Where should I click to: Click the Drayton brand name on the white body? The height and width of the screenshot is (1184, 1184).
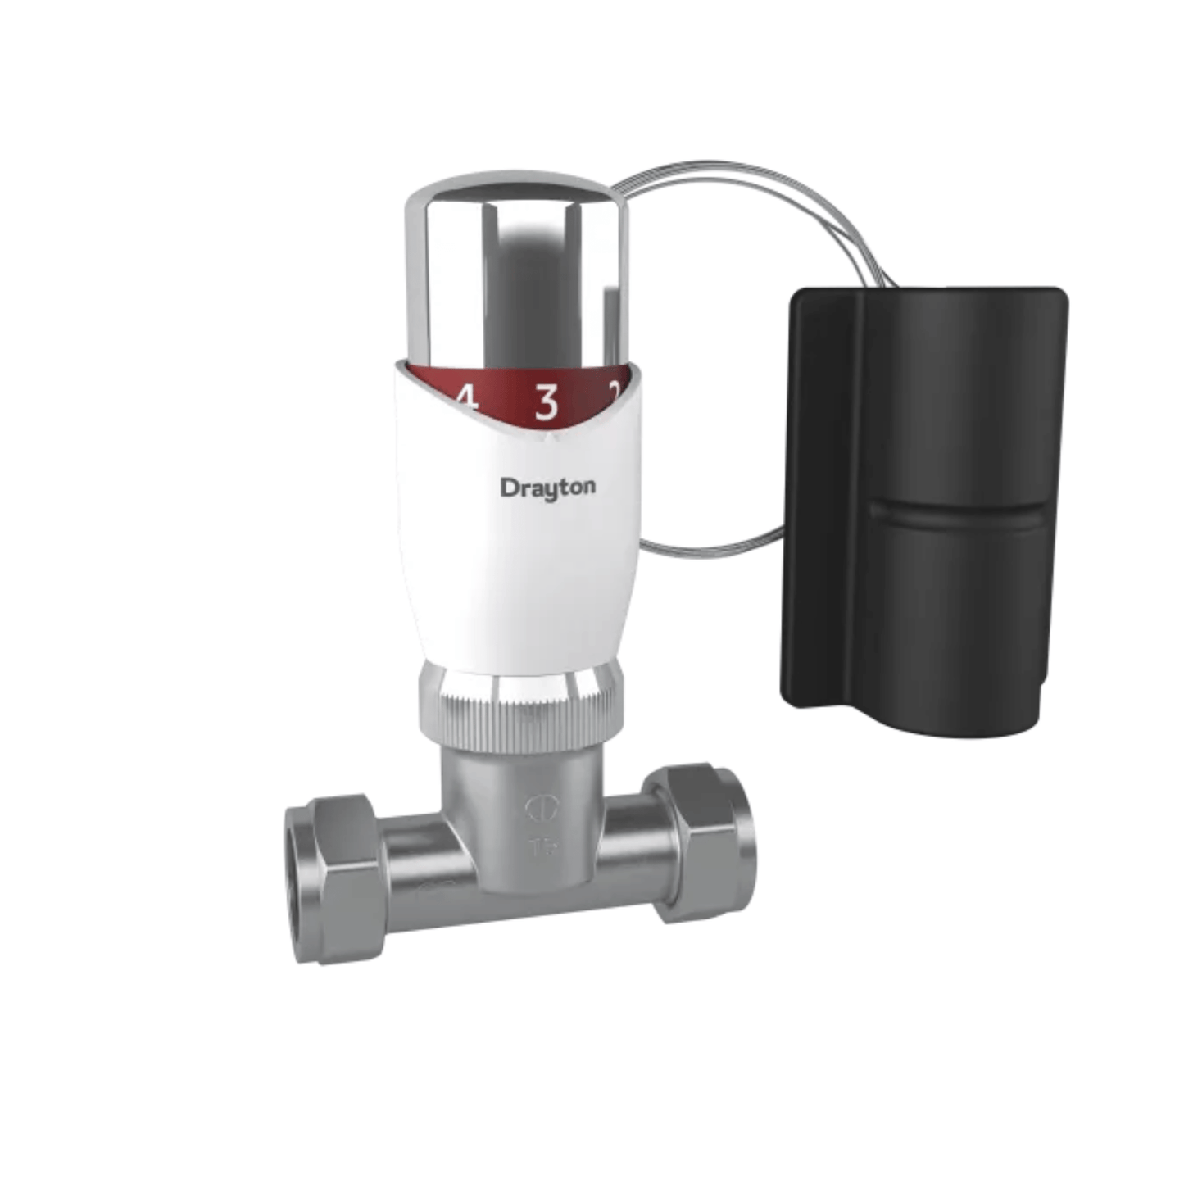coord(547,488)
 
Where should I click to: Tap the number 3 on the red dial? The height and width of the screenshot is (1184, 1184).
coord(547,402)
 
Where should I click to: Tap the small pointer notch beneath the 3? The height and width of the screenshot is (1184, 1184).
coord(547,440)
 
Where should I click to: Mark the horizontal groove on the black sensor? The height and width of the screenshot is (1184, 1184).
coord(959,512)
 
